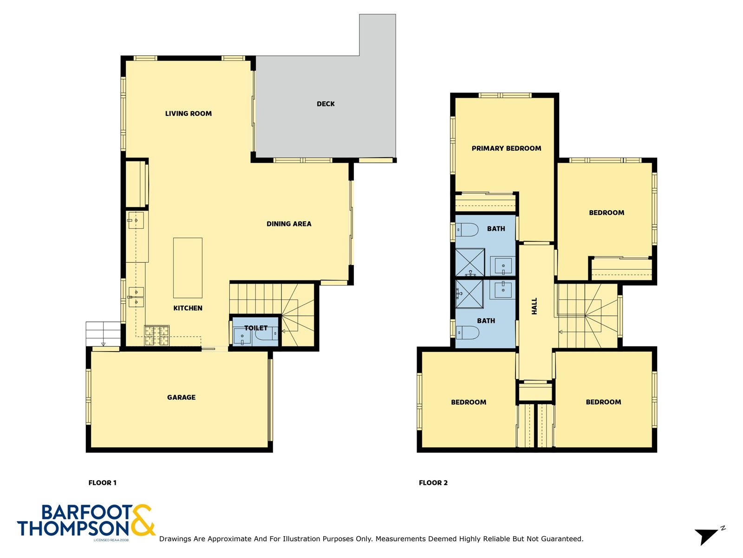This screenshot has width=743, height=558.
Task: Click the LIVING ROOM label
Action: pos(188,113)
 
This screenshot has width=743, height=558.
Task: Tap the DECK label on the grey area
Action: pos(326,104)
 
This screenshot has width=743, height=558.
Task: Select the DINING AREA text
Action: pos(289,224)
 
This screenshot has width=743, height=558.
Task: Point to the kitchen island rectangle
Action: pos(188,268)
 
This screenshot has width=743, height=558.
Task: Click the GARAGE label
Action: pos(181,397)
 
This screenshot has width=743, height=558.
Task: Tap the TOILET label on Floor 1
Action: pos(256,328)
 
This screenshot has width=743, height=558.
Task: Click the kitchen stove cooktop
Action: pos(157,335)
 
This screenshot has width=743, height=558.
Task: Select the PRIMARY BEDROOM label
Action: pos(506,148)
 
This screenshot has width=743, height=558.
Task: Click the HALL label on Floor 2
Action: pos(534,306)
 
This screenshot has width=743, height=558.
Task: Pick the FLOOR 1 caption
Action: pos(102,483)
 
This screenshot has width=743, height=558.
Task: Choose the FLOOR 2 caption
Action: pos(433,483)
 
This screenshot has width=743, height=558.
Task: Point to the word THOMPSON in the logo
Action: pos(73,529)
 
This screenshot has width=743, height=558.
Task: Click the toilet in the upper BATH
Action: pos(467,229)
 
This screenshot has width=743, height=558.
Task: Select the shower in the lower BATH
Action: pos(469,293)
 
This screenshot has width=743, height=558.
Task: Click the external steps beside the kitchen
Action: pos(103,333)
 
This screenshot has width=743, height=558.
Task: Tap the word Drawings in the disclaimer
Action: pos(175,539)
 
